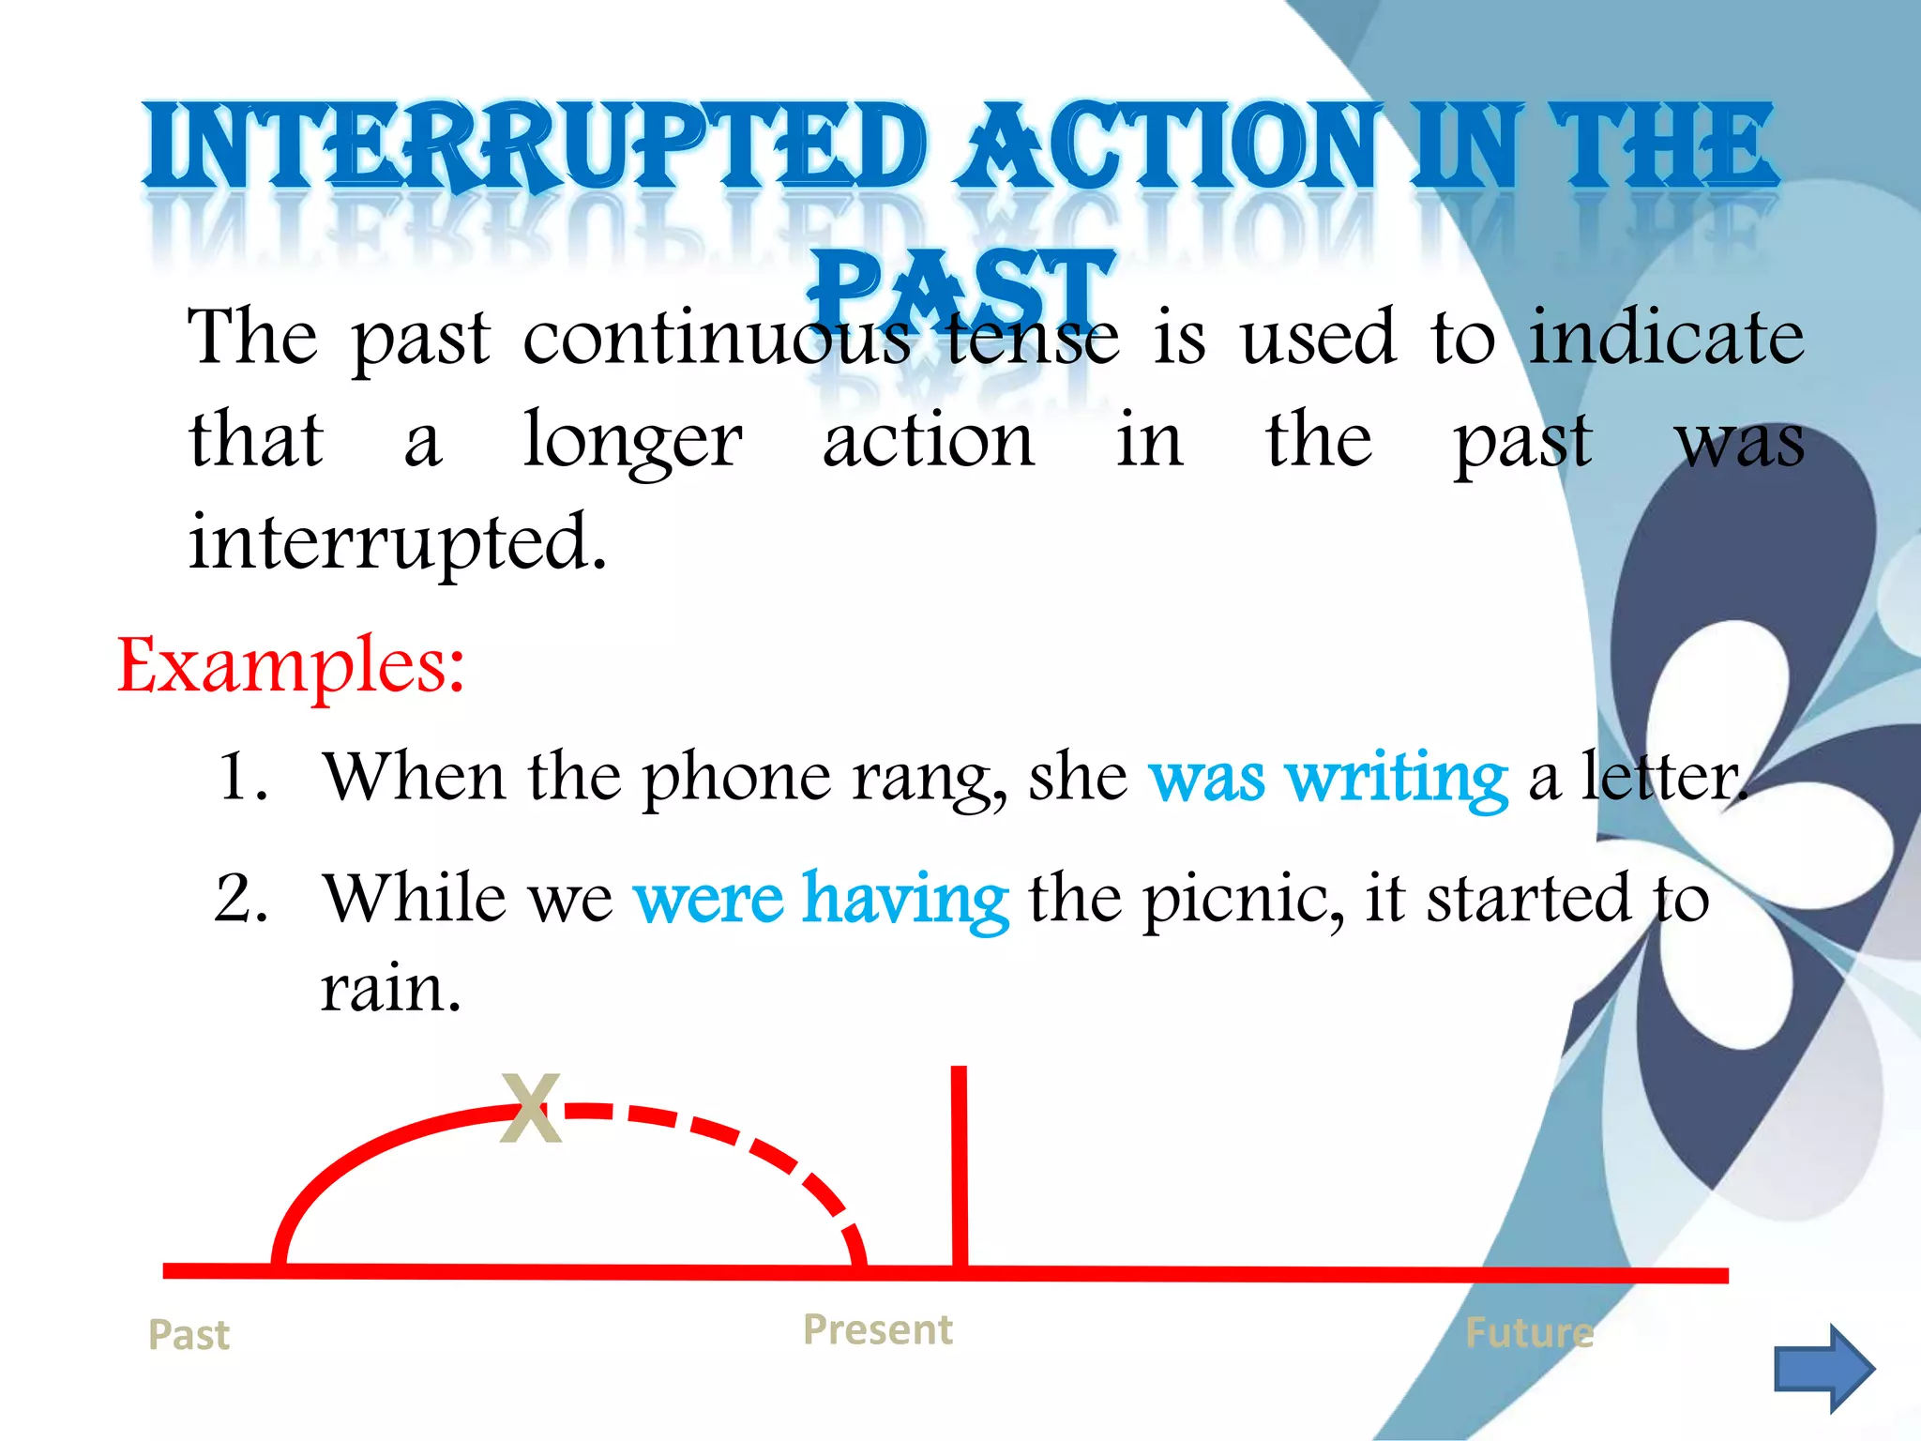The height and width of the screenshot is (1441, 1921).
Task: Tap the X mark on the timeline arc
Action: pos(531,1109)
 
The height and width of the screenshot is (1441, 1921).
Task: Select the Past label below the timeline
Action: pos(189,1334)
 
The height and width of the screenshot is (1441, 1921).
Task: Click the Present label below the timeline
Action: pos(878,1329)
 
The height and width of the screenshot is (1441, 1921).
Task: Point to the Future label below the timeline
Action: pos(1529,1332)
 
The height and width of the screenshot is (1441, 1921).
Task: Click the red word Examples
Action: pos(291,665)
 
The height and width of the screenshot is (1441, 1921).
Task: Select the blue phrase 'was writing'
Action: pos(1328,779)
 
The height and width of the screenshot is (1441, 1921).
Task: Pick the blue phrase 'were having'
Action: pos(822,899)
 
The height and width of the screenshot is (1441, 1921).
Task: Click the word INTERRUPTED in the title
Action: pos(535,147)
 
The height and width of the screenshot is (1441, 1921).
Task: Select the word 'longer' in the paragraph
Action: pos(633,441)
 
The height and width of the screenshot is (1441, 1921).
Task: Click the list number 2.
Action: pos(241,899)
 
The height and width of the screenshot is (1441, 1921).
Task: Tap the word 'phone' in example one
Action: pos(736,779)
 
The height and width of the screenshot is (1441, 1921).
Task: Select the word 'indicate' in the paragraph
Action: pos(1666,338)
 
